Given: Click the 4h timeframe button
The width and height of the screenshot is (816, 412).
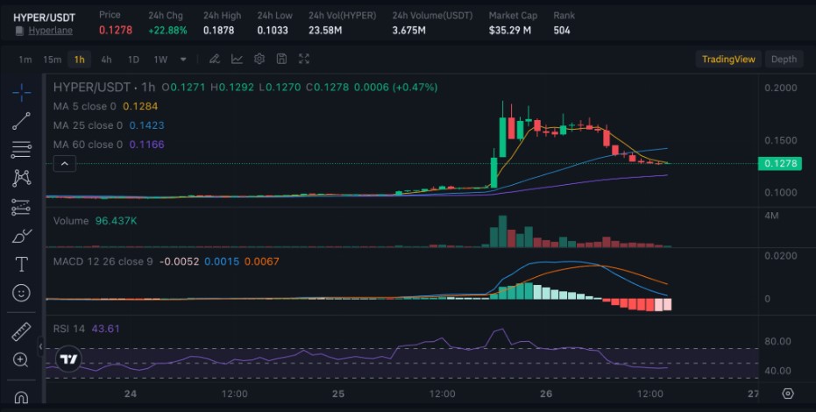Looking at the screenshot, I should coord(106,60).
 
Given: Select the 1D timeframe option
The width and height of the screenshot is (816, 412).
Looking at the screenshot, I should coord(133,60).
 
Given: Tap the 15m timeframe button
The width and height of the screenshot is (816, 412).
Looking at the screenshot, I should coord(53,60).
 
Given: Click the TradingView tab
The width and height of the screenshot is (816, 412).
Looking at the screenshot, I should coord(727,60).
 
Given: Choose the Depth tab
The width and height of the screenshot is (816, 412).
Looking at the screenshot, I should coord(784,60).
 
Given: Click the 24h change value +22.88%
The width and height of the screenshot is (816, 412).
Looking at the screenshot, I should coord(167,30).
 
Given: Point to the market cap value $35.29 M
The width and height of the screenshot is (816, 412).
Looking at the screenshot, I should coord(510,30).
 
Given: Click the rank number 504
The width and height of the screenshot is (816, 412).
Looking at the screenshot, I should coord(563,30).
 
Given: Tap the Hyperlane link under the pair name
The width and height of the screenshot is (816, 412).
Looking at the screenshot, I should coord(50,31).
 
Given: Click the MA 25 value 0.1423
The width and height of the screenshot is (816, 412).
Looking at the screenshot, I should coord(146,125).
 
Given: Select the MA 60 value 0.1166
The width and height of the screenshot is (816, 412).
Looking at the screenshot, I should coord(146,145).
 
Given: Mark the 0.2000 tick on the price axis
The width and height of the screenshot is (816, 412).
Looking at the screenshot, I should coord(780,89).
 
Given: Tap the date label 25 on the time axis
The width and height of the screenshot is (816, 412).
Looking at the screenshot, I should coord(338,394).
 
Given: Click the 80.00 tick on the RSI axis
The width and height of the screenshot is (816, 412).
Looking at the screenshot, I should coord(778,342).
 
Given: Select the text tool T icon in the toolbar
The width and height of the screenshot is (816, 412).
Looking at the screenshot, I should coord(21,264).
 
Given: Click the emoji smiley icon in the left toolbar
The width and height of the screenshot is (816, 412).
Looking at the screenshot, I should coord(21,292).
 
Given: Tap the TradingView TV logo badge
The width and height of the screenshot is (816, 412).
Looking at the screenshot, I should coord(67,359).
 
